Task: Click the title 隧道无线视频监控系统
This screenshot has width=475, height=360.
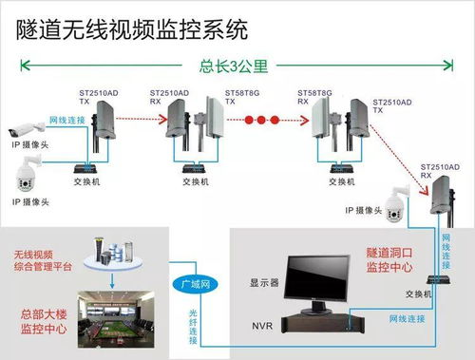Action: click(133, 29)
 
